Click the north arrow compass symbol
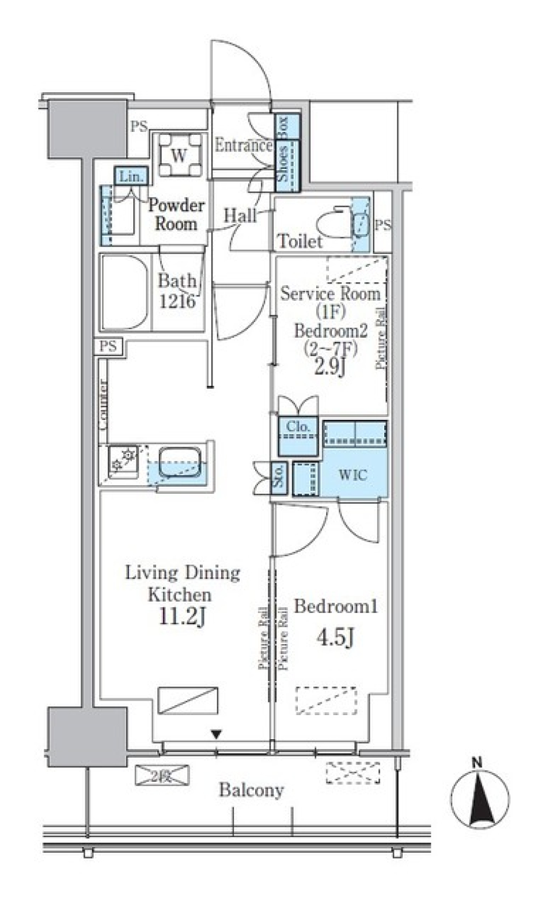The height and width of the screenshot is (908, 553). pyautogui.click(x=479, y=799)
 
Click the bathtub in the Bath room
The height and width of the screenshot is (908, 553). pyautogui.click(x=125, y=293)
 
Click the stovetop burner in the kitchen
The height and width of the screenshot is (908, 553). pyautogui.click(x=124, y=460)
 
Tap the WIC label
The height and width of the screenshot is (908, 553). pyautogui.click(x=353, y=475)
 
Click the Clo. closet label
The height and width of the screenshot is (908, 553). pyautogui.click(x=298, y=427)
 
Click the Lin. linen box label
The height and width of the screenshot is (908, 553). pyautogui.click(x=131, y=177)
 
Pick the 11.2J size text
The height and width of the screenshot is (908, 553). pyautogui.click(x=183, y=616)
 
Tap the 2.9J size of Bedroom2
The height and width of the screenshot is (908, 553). pyautogui.click(x=329, y=367)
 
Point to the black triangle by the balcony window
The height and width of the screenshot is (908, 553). pyautogui.click(x=216, y=735)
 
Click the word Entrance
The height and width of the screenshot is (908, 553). pyautogui.click(x=243, y=146)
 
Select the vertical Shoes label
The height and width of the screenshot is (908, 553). pyautogui.click(x=283, y=164)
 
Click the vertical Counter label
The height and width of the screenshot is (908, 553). pyautogui.click(x=104, y=404)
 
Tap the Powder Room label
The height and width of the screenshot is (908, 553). pyautogui.click(x=176, y=214)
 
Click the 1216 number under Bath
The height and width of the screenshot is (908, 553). pyautogui.click(x=177, y=301)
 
